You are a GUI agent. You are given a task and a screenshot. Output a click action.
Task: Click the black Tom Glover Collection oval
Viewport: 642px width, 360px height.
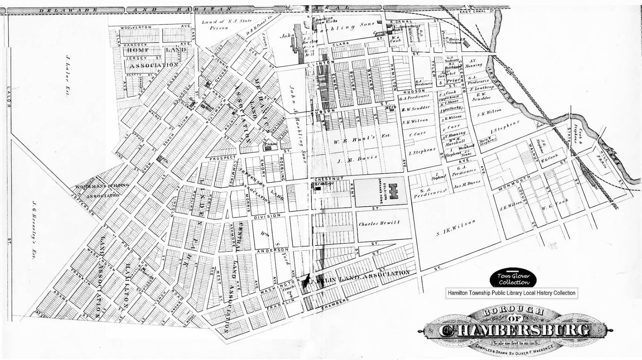pyautogui.click(x=514, y=278)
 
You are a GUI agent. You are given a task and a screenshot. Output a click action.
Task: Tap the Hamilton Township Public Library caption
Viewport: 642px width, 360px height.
pyautogui.click(x=511, y=293)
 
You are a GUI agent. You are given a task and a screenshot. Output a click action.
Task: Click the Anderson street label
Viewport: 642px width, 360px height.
pyautogui.click(x=269, y=251)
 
